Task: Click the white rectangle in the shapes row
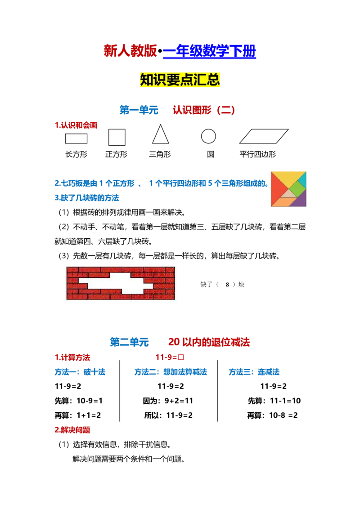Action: [x=76, y=138]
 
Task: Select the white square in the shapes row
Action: [x=117, y=137]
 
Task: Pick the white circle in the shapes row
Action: [x=208, y=136]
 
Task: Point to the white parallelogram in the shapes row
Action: [x=264, y=136]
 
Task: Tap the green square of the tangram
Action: [x=297, y=188]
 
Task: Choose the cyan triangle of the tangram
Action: [x=303, y=179]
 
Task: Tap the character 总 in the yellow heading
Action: [x=214, y=80]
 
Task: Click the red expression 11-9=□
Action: [x=171, y=358]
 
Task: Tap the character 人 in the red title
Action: [x=122, y=51]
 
